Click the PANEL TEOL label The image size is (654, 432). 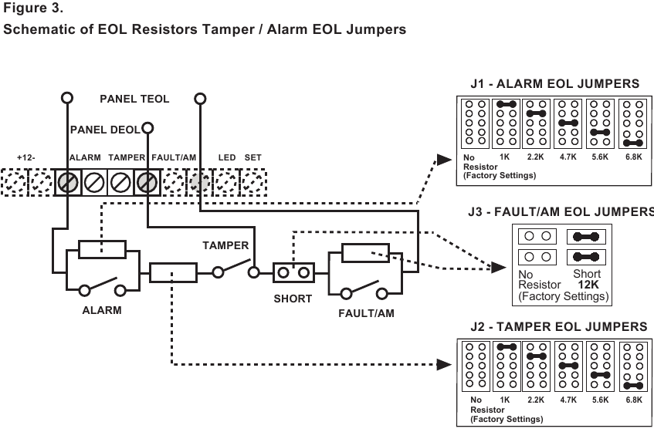coord(134,99)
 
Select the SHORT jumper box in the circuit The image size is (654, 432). coord(293,272)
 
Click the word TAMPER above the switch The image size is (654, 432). coord(225,246)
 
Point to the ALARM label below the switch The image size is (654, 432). coord(102,310)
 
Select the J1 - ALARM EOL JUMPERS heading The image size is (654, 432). coord(554,83)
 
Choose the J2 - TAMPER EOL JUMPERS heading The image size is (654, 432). coord(558,327)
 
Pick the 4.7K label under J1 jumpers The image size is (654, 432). coord(568,157)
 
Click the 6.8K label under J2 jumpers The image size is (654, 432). coord(633,400)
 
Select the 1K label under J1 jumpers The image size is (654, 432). coord(505,157)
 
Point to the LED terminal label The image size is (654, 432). coord(227,157)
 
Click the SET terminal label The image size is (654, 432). coord(253,157)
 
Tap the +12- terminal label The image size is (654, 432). coord(26,157)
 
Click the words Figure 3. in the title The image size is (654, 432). coord(34,10)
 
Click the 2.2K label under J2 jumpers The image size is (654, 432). coord(536,400)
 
